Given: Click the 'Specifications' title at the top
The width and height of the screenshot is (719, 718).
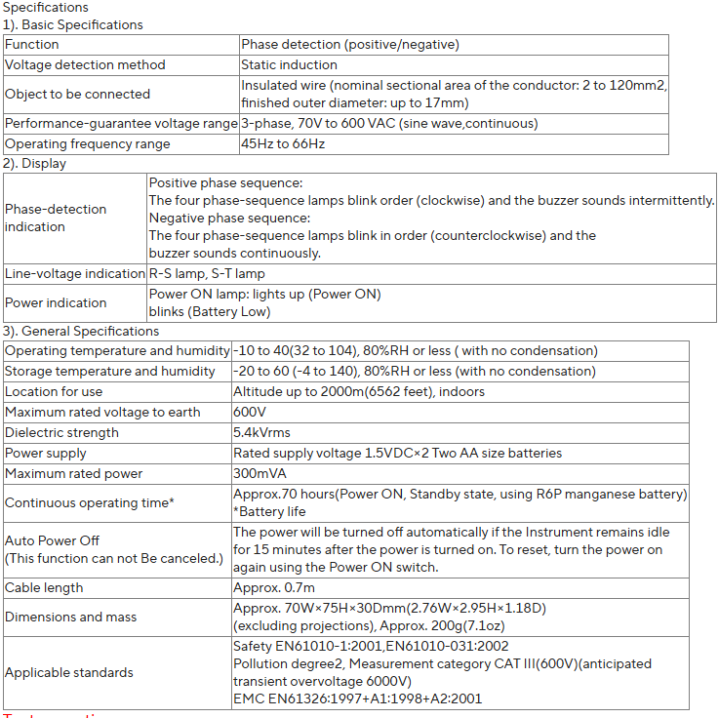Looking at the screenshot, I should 46,8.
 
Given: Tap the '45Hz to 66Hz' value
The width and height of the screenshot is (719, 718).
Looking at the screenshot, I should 283,143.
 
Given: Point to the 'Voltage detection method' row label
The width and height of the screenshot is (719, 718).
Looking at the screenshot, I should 85,64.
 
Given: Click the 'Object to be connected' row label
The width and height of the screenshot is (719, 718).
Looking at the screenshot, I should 77,94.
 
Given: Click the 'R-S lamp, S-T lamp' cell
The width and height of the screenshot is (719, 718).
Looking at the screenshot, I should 207,273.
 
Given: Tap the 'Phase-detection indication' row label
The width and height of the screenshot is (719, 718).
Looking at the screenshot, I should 56,218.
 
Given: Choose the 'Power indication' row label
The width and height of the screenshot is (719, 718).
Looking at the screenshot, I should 56,302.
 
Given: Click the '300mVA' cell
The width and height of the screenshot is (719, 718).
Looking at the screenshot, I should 257,473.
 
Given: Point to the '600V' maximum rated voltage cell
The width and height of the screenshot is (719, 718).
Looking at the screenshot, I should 250,412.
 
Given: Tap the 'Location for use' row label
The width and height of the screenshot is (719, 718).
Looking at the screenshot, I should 54,391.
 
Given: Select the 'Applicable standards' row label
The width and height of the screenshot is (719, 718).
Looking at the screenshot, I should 69,672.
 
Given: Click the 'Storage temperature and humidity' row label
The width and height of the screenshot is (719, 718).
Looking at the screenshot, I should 110,371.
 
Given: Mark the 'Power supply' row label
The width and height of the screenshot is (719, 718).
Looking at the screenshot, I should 46,453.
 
